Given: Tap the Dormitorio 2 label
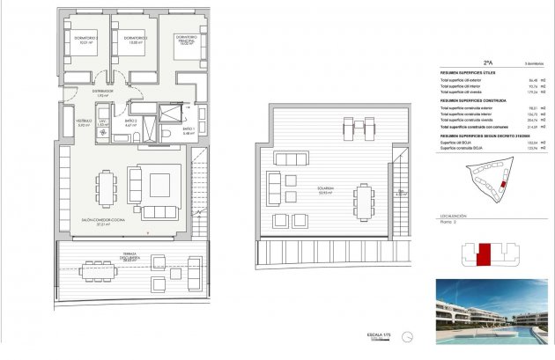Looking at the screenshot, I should (x=134, y=40).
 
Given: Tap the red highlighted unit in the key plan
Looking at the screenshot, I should (x=482, y=255).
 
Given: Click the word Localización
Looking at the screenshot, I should (x=453, y=216).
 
